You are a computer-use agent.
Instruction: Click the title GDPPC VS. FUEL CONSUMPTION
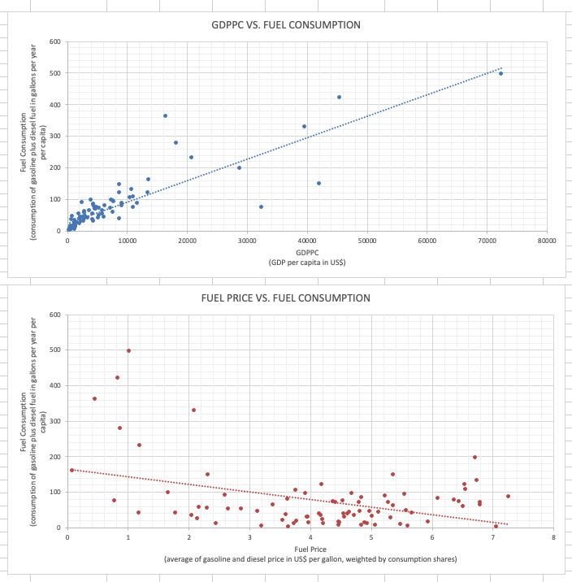pyautogui.click(x=280, y=25)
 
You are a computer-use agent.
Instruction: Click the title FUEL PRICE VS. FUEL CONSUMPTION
pyautogui.click(x=285, y=298)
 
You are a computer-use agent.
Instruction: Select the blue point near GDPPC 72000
pyautogui.click(x=500, y=73)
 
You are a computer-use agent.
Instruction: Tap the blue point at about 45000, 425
pyautogui.click(x=339, y=97)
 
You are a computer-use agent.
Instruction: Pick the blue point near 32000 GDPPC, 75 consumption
pyautogui.click(x=261, y=206)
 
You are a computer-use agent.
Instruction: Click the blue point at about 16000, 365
pyautogui.click(x=165, y=115)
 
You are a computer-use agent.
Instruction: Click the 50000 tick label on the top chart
pyautogui.click(x=367, y=241)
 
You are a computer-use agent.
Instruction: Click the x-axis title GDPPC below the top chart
pyautogui.click(x=307, y=253)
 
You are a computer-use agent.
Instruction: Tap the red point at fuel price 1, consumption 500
pyautogui.click(x=128, y=350)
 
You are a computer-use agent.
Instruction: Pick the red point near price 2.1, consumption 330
pyautogui.click(x=193, y=410)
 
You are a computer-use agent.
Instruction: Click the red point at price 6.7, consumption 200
pyautogui.click(x=474, y=457)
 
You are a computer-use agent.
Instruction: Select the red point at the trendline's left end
pyautogui.click(x=71, y=470)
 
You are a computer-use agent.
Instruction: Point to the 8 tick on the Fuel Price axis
pyautogui.click(x=553, y=537)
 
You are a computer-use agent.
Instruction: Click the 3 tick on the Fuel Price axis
pyautogui.click(x=250, y=537)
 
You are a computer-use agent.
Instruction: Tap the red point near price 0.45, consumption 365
pyautogui.click(x=94, y=398)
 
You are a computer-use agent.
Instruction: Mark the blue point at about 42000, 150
pyautogui.click(x=318, y=183)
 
